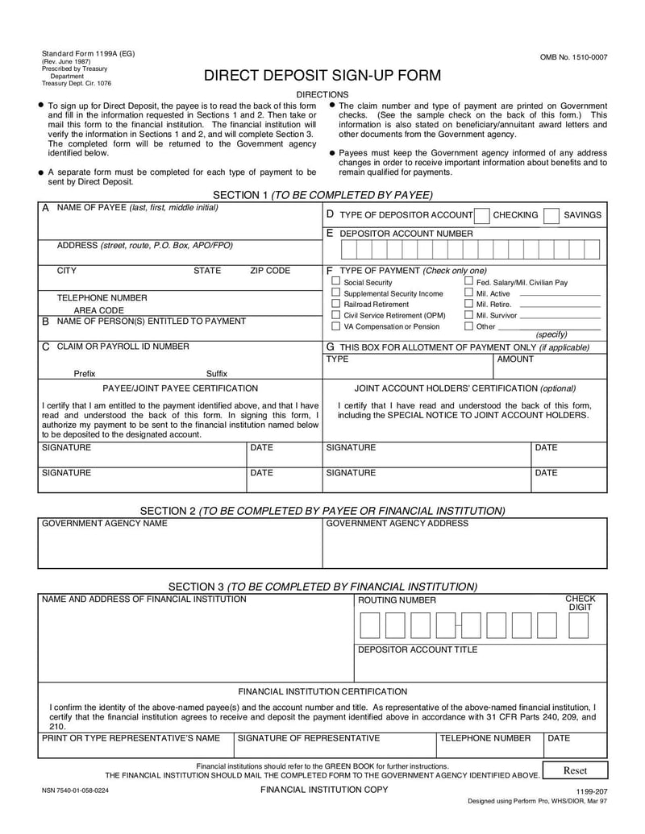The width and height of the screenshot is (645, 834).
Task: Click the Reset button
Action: click(x=575, y=770)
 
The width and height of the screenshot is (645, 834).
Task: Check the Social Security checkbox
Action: click(x=336, y=281)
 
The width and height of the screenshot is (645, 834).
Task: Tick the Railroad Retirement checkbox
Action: click(x=336, y=304)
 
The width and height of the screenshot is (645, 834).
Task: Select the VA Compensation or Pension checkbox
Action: click(x=336, y=326)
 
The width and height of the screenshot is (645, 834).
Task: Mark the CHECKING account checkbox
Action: click(x=481, y=215)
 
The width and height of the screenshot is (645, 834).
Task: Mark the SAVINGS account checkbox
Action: click(x=551, y=215)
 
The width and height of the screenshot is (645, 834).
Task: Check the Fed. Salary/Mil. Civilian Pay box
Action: click(x=468, y=281)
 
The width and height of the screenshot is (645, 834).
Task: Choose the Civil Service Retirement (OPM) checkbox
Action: click(x=336, y=315)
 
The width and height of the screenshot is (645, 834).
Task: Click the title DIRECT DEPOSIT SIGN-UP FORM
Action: click(x=322, y=76)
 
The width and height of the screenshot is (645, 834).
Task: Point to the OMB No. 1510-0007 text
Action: click(x=574, y=57)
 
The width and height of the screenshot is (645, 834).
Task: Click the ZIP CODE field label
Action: click(x=270, y=271)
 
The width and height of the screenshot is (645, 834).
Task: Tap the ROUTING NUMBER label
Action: click(x=397, y=600)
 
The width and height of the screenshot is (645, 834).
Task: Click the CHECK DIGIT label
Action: click(x=580, y=603)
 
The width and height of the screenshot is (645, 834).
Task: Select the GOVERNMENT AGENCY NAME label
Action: click(x=105, y=523)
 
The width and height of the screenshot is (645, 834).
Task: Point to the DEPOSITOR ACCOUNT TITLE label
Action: click(x=418, y=649)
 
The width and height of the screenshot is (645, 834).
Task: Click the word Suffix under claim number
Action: click(x=217, y=374)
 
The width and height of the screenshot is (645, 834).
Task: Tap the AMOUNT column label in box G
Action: click(x=515, y=359)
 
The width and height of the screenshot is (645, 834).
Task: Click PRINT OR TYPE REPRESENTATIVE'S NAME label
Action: click(x=131, y=737)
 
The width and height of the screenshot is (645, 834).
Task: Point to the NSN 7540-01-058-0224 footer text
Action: click(x=75, y=791)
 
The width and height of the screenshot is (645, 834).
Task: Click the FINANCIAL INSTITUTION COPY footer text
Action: click(x=323, y=790)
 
